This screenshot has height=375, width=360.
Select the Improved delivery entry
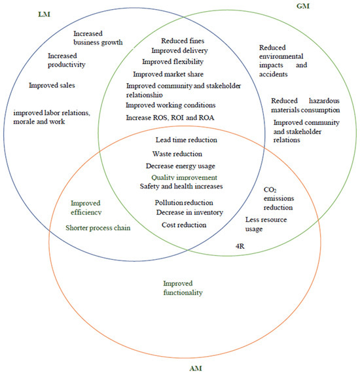[181, 50]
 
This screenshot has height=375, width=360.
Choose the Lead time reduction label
[186, 140]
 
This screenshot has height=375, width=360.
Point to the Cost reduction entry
[184, 225]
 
